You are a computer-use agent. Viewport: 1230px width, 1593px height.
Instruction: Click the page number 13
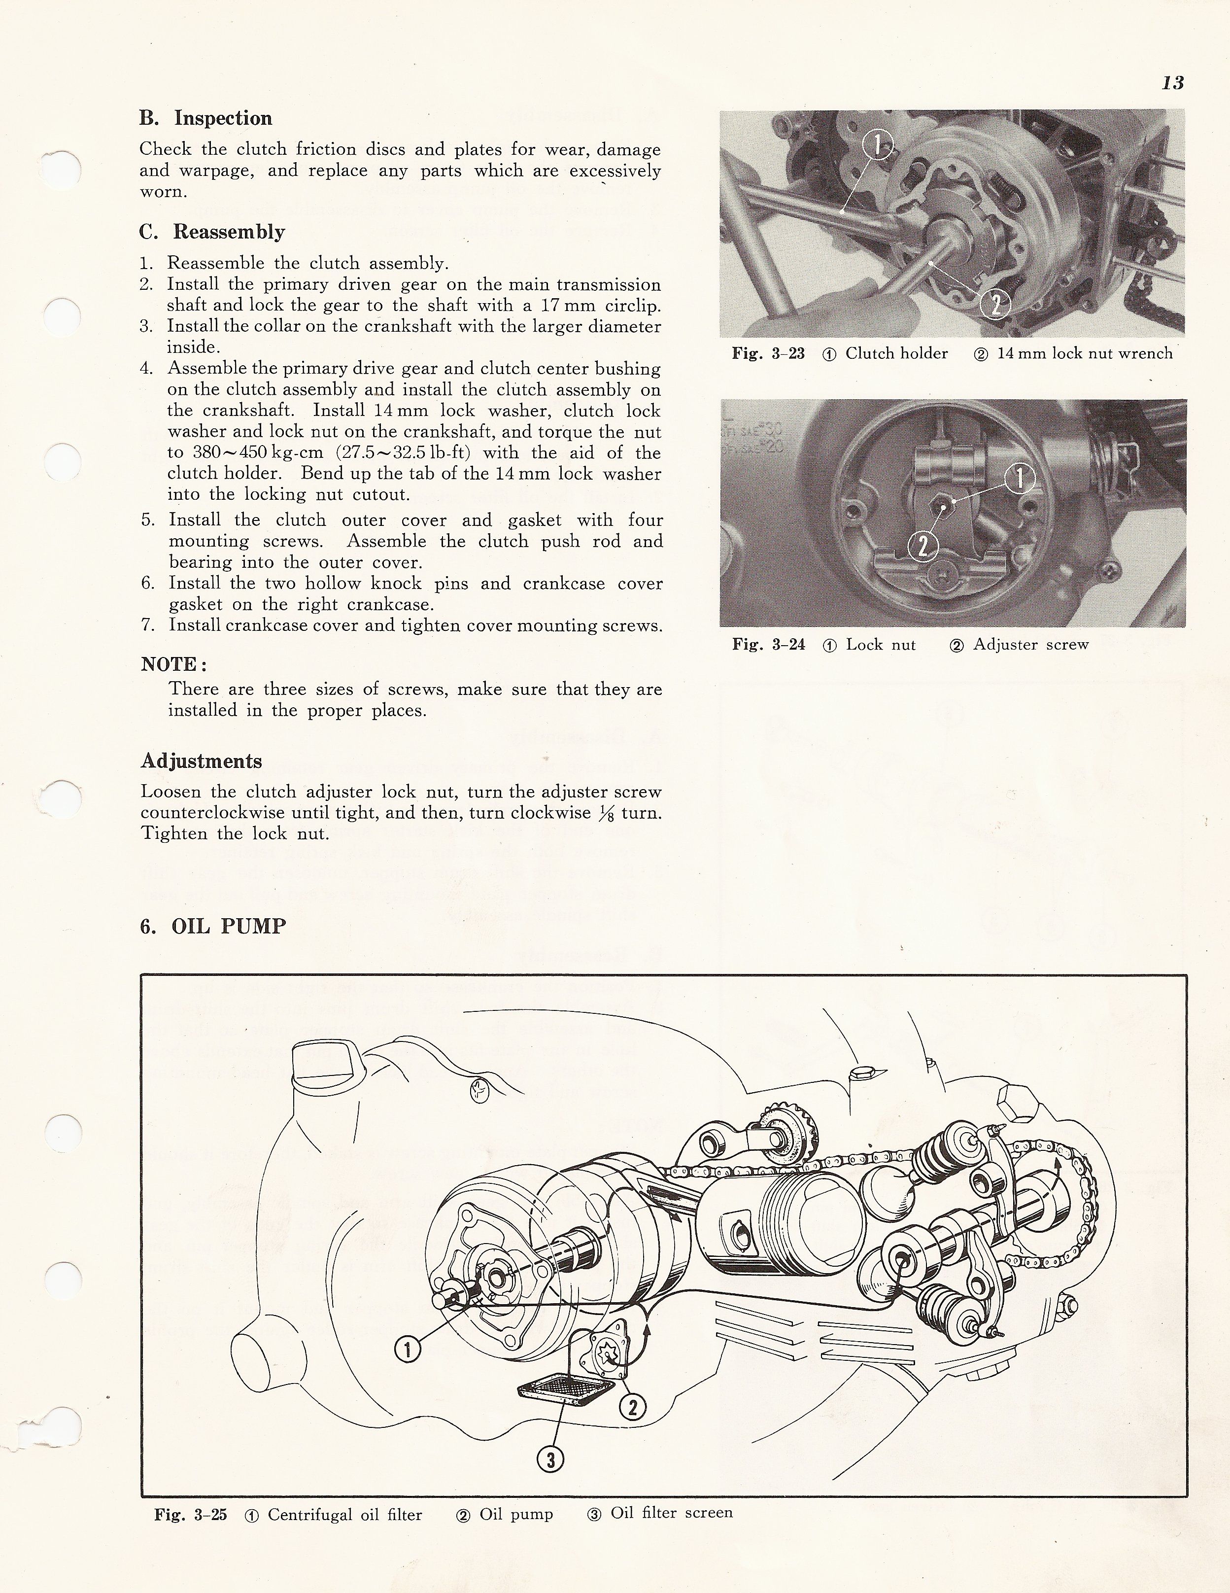point(1172,83)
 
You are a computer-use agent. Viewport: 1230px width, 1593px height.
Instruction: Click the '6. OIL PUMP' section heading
point(213,926)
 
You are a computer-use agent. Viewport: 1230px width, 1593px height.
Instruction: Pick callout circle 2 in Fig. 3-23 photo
point(994,304)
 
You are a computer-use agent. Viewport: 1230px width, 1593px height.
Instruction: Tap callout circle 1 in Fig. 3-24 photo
point(1019,479)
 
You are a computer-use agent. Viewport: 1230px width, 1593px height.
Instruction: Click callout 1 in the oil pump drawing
point(408,1350)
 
